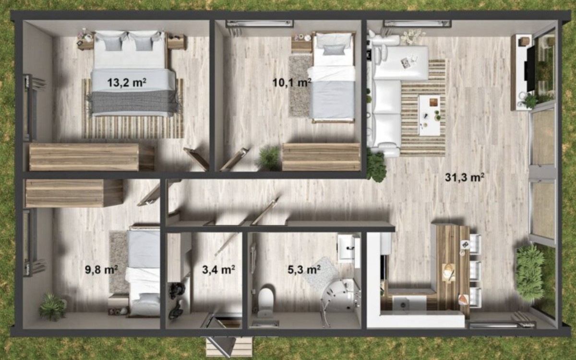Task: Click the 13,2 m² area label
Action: pyautogui.click(x=127, y=83)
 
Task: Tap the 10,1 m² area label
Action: pyautogui.click(x=292, y=83)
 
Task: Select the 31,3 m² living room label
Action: pyautogui.click(x=465, y=178)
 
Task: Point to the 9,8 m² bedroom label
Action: pyautogui.click(x=101, y=270)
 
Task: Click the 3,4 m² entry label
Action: pyautogui.click(x=218, y=270)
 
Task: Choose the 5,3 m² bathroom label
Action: pyautogui.click(x=304, y=270)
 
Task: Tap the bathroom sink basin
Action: pyautogui.click(x=347, y=247)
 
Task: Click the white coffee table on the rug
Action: pyautogui.click(x=429, y=116)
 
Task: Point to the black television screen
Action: pyautogui.click(x=530, y=69)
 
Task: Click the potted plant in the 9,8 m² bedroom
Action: pyautogui.click(x=53, y=307)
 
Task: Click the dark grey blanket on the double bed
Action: pyautogui.click(x=134, y=103)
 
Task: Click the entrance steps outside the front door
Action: pyautogui.click(x=229, y=347)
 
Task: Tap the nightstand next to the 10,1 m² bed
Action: pyautogui.click(x=301, y=44)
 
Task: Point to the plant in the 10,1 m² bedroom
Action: pyautogui.click(x=268, y=157)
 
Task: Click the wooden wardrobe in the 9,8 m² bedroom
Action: pyautogui.click(x=73, y=193)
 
